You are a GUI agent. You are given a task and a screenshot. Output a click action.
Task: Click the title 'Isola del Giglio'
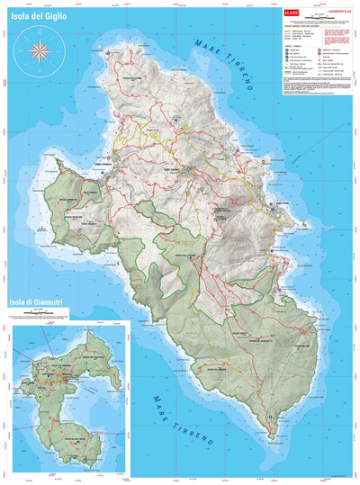pos(41,17)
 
